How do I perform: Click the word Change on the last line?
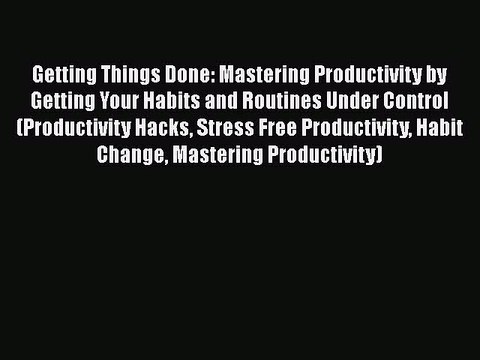coord(125,155)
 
